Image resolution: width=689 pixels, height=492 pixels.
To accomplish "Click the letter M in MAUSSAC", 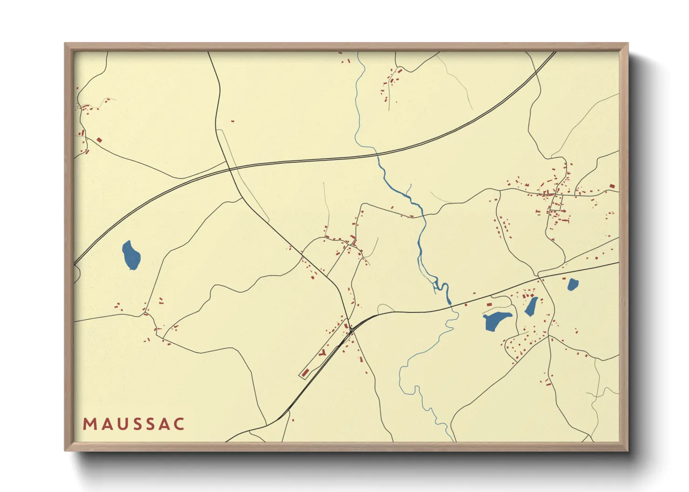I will (x=89, y=424).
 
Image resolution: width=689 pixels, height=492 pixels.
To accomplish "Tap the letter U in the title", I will (x=120, y=424).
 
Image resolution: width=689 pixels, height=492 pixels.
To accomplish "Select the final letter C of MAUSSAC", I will (x=179, y=424).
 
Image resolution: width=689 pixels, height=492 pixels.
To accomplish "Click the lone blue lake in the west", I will (x=131, y=255).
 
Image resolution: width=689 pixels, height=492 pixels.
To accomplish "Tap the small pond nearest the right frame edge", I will (x=572, y=284).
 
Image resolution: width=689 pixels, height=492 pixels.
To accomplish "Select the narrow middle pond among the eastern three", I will (x=531, y=306).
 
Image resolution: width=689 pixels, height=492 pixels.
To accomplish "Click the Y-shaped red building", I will (x=323, y=352).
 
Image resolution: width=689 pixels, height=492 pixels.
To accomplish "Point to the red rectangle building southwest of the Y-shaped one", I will (x=305, y=372).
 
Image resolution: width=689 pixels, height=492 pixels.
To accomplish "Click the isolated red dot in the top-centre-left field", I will (x=233, y=121).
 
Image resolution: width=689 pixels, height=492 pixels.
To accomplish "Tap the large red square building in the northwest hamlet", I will (x=99, y=140).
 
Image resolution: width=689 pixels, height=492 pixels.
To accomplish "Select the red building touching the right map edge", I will (x=612, y=186).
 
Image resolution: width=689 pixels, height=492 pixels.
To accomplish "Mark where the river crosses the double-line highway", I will (x=376, y=154).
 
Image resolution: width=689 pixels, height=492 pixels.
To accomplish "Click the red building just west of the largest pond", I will (x=489, y=304).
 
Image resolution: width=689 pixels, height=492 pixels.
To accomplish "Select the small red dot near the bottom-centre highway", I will (x=293, y=420).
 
